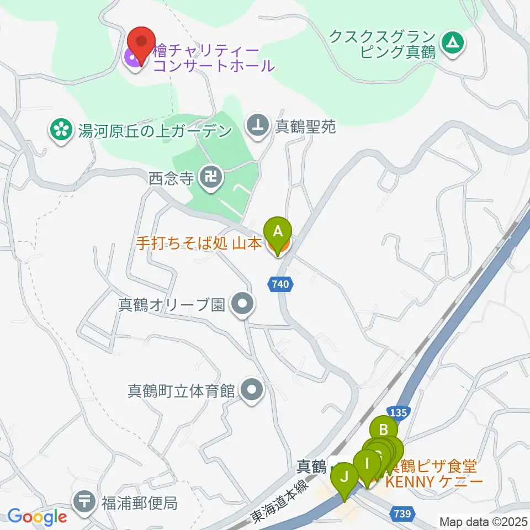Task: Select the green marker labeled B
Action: [x=384, y=430]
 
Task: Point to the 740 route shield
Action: [x=280, y=285]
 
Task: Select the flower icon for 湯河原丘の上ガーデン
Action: [x=60, y=130]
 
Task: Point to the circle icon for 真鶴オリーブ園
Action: [x=242, y=304]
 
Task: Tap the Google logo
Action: [x=38, y=517]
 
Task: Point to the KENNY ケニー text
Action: [x=433, y=481]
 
